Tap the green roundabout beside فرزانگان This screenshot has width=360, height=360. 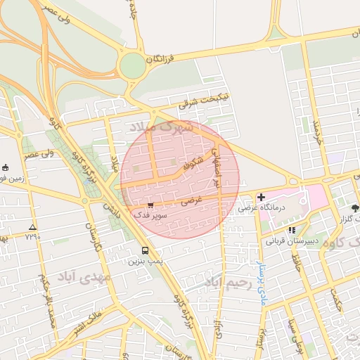tap(131, 66)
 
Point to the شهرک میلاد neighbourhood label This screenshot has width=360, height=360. tap(161, 129)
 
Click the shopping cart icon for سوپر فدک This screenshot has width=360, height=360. tap(150, 205)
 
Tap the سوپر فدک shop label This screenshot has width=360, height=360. tap(152, 217)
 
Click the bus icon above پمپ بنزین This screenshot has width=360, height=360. tap(145, 250)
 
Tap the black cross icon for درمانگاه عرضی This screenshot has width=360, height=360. tap(262, 197)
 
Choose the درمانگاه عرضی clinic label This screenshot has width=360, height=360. tap(259, 208)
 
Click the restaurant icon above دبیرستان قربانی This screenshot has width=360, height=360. tap(292, 230)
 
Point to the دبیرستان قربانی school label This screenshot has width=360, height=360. tap(288, 240)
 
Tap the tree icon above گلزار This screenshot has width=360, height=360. tap(356, 208)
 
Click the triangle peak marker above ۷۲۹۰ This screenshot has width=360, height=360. tap(32, 227)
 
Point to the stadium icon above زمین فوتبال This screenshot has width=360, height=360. tap(6, 167)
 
